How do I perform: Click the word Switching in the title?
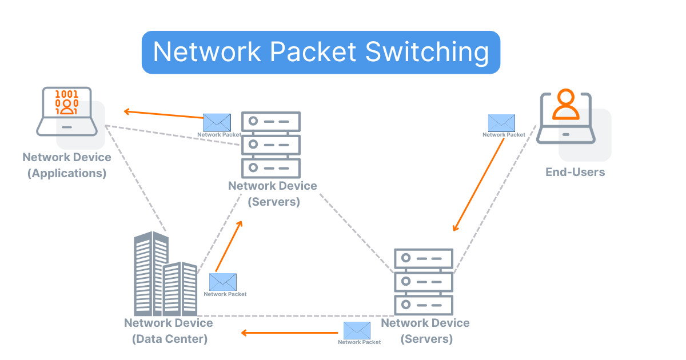click(x=426, y=53)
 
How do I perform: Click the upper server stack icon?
click(x=271, y=143)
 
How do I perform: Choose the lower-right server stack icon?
click(x=424, y=280)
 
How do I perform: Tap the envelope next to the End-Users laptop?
click(x=501, y=122)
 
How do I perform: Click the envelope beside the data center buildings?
click(x=222, y=282)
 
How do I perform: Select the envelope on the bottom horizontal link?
click(x=357, y=330)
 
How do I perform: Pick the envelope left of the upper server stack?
click(x=217, y=122)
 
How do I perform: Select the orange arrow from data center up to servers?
click(x=229, y=246)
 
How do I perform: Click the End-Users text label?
click(x=575, y=171)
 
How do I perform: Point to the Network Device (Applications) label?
click(x=67, y=165)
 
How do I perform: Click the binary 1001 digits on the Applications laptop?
click(x=67, y=93)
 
